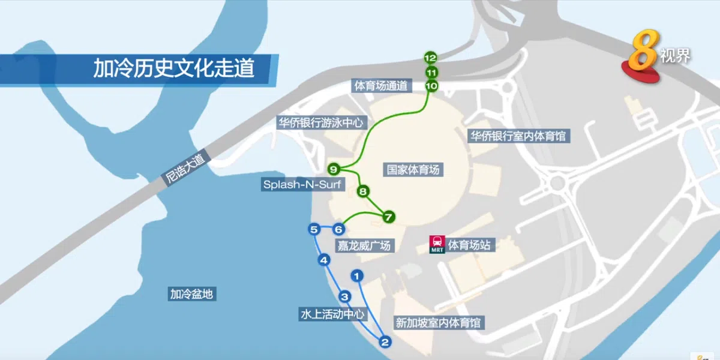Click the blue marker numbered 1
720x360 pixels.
coord(357,276)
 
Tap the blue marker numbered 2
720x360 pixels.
coord(385,343)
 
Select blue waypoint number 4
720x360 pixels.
coord(324,260)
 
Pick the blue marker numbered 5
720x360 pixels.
coord(314,229)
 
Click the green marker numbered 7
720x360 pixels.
coord(388,216)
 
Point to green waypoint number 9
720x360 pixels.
coord(334,169)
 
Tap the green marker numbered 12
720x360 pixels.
coord(430,58)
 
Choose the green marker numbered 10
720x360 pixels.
coord(431,86)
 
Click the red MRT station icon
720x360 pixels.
coord(437,245)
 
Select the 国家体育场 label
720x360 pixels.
coord(413,170)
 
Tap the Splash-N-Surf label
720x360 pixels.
coord(302,185)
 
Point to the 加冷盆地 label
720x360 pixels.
coord(191,294)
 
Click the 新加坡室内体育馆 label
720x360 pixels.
coord(438,323)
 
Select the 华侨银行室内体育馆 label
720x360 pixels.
coord(517,136)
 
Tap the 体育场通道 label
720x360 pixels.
coord(381,86)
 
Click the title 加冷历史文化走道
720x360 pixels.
coord(173,68)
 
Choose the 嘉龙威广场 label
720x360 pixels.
coord(364,245)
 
